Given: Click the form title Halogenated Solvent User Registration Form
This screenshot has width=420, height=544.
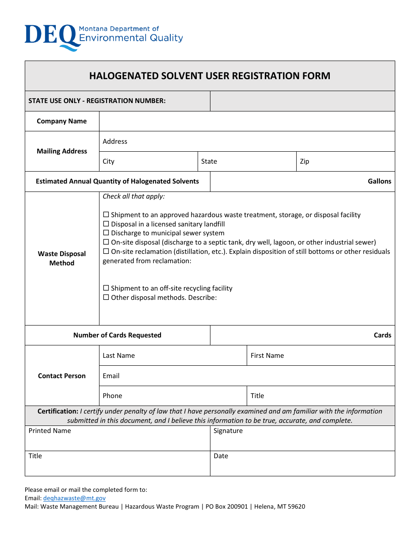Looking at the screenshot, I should pyautogui.click(x=210, y=76).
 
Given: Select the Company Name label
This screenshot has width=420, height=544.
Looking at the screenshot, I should pyautogui.click(x=62, y=121).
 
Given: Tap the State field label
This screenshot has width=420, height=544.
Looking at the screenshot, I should pyautogui.click(x=209, y=161).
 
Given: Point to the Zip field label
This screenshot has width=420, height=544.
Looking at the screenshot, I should pyautogui.click(x=305, y=161).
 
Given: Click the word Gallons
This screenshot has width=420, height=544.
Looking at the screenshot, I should pyautogui.click(x=379, y=181).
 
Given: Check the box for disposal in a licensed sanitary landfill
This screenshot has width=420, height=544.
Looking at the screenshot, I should pyautogui.click(x=106, y=224).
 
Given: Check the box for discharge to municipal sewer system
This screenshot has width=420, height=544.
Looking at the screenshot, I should pyautogui.click(x=106, y=233).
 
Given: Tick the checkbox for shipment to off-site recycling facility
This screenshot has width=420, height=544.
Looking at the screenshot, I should pyautogui.click(x=106, y=288).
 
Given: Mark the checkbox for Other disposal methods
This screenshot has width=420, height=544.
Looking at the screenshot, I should pyautogui.click(x=106, y=298).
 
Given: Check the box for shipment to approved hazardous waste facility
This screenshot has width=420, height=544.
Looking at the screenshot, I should pyautogui.click(x=106, y=215).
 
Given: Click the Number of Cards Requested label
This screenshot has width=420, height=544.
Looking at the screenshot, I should pyautogui.click(x=117, y=335).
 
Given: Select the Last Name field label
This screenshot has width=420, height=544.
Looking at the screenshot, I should pyautogui.click(x=119, y=356).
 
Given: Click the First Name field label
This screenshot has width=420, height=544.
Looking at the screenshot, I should pyautogui.click(x=267, y=356).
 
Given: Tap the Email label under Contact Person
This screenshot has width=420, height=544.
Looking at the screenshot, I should pyautogui.click(x=111, y=376).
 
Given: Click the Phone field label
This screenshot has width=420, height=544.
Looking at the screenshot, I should pyautogui.click(x=112, y=396).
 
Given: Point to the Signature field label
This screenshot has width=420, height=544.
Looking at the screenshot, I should pyautogui.click(x=228, y=431).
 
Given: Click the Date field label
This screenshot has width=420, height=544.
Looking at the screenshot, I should pyautogui.click(x=221, y=456).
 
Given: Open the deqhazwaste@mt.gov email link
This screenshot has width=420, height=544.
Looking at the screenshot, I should pyautogui.click(x=74, y=498).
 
